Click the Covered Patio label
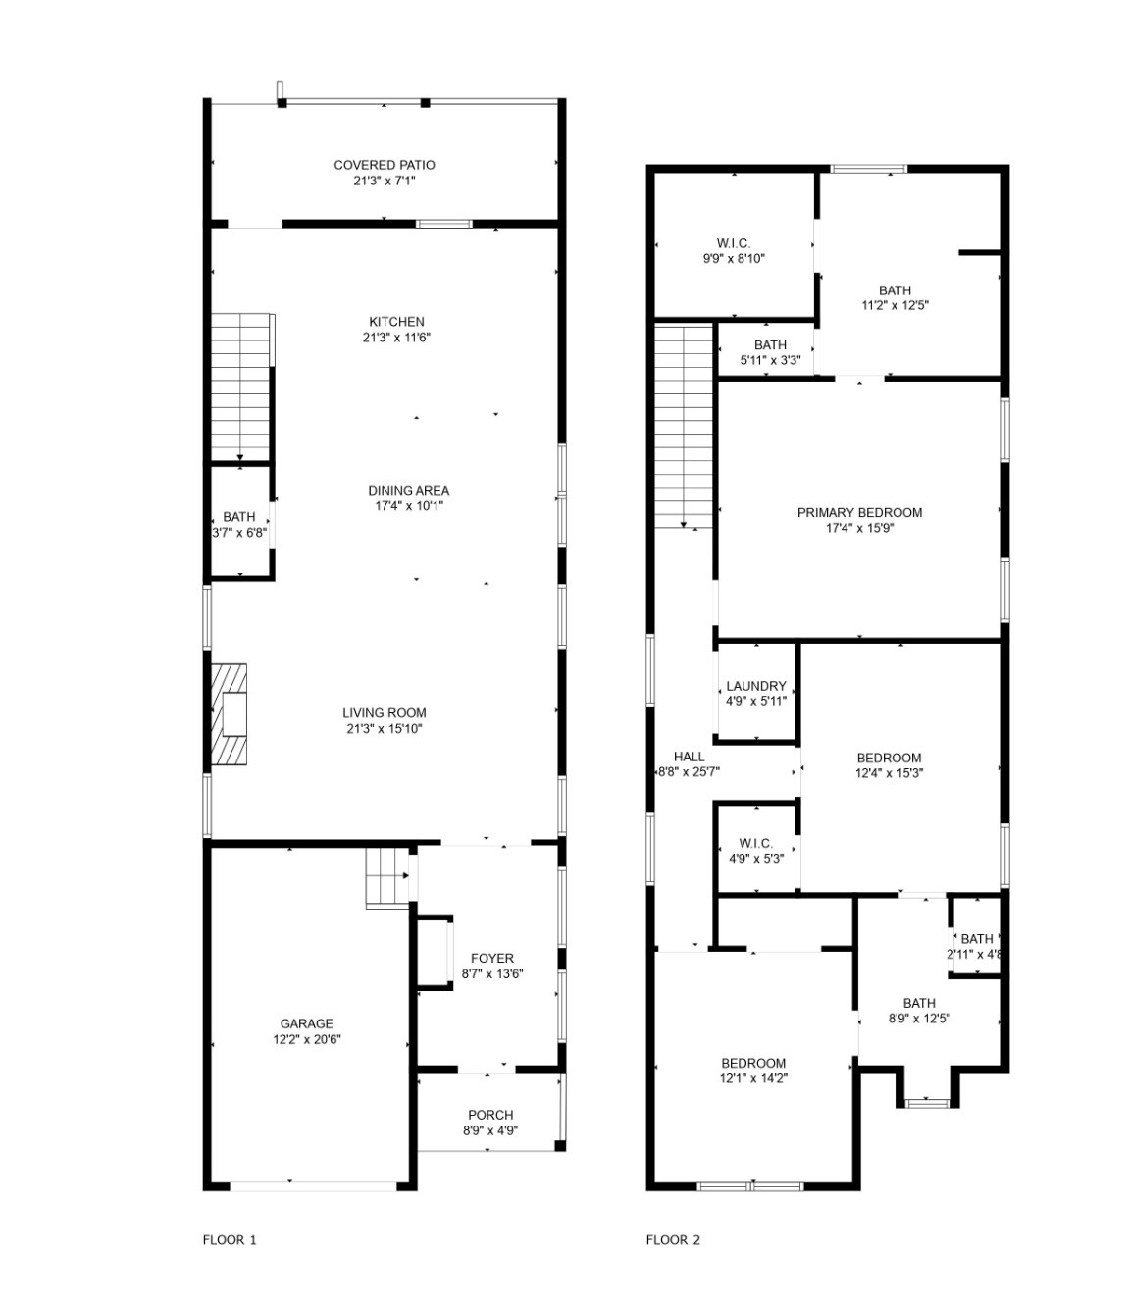point(384,165)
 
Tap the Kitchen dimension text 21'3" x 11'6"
point(396,338)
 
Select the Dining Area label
point(408,491)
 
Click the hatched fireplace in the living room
point(230,714)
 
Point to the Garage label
point(307,1023)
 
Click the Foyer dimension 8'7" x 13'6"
point(492,974)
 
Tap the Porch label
point(490,1115)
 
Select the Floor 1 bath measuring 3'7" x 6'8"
point(238,524)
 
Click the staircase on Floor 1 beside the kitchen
point(240,387)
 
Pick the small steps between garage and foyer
point(386,874)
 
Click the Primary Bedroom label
point(859,512)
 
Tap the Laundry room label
point(755,686)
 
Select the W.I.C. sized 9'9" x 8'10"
point(734,251)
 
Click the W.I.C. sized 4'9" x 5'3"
point(755,850)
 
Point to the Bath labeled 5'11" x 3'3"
point(770,352)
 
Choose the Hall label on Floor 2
point(689,757)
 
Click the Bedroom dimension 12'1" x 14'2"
point(753,1078)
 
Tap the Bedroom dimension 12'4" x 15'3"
point(889,772)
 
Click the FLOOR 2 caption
point(673,1240)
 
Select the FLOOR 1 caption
point(230,1240)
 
